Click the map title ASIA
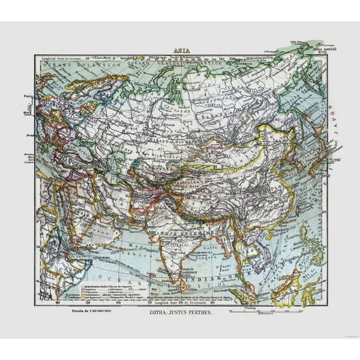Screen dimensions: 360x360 (x=181, y=52)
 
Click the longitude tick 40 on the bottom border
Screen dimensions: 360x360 (x=58, y=304)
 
